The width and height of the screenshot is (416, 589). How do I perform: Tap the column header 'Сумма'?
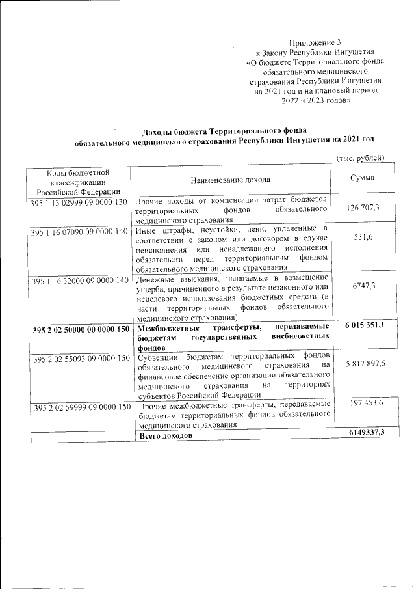pos(361,179)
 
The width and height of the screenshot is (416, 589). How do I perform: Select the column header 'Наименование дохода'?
pos(231,180)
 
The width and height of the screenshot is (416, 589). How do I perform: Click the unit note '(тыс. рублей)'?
pos(361,158)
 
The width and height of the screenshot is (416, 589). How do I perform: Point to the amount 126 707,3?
pos(362,208)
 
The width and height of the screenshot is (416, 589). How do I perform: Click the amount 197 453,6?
pos(362,404)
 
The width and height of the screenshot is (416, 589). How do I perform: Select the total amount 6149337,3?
pos(362,433)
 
